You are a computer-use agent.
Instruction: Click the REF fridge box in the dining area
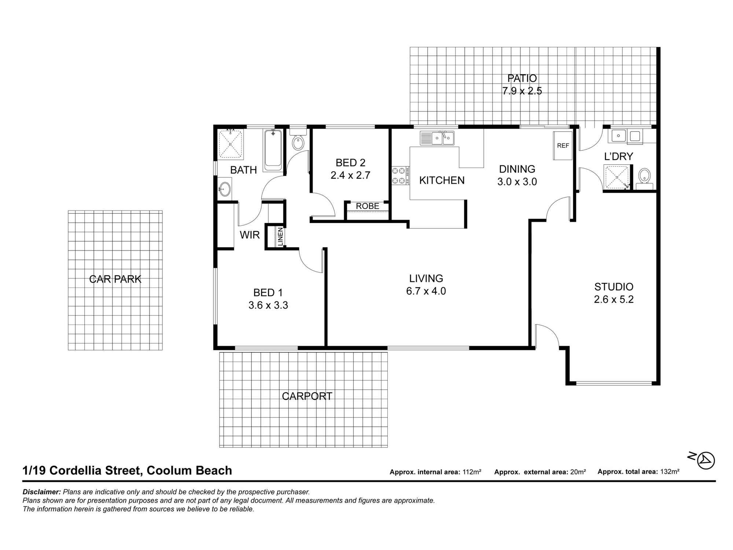[x=563, y=146]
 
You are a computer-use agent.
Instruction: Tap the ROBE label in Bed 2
[x=367, y=206]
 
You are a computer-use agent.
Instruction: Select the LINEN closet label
[x=280, y=236]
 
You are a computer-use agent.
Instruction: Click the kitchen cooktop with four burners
[x=401, y=176]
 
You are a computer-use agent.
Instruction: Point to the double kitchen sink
[x=437, y=138]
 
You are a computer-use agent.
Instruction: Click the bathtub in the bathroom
[x=273, y=150]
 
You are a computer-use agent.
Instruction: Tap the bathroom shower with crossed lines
[x=230, y=144]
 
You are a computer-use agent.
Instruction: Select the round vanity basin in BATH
[x=224, y=189]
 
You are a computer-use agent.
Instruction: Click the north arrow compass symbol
[x=706, y=461]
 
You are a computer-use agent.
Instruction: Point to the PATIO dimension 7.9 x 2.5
[x=522, y=91]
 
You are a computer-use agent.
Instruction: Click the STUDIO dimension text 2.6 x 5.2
[x=614, y=300]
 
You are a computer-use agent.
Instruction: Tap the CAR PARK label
[x=115, y=279]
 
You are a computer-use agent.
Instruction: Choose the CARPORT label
[x=307, y=396]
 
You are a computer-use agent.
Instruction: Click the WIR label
[x=250, y=235]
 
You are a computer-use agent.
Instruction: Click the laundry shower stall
[x=616, y=177]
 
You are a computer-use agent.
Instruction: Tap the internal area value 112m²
[x=472, y=472]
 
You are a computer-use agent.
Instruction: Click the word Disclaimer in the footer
[x=41, y=492]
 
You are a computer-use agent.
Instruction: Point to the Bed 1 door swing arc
[x=310, y=261]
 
